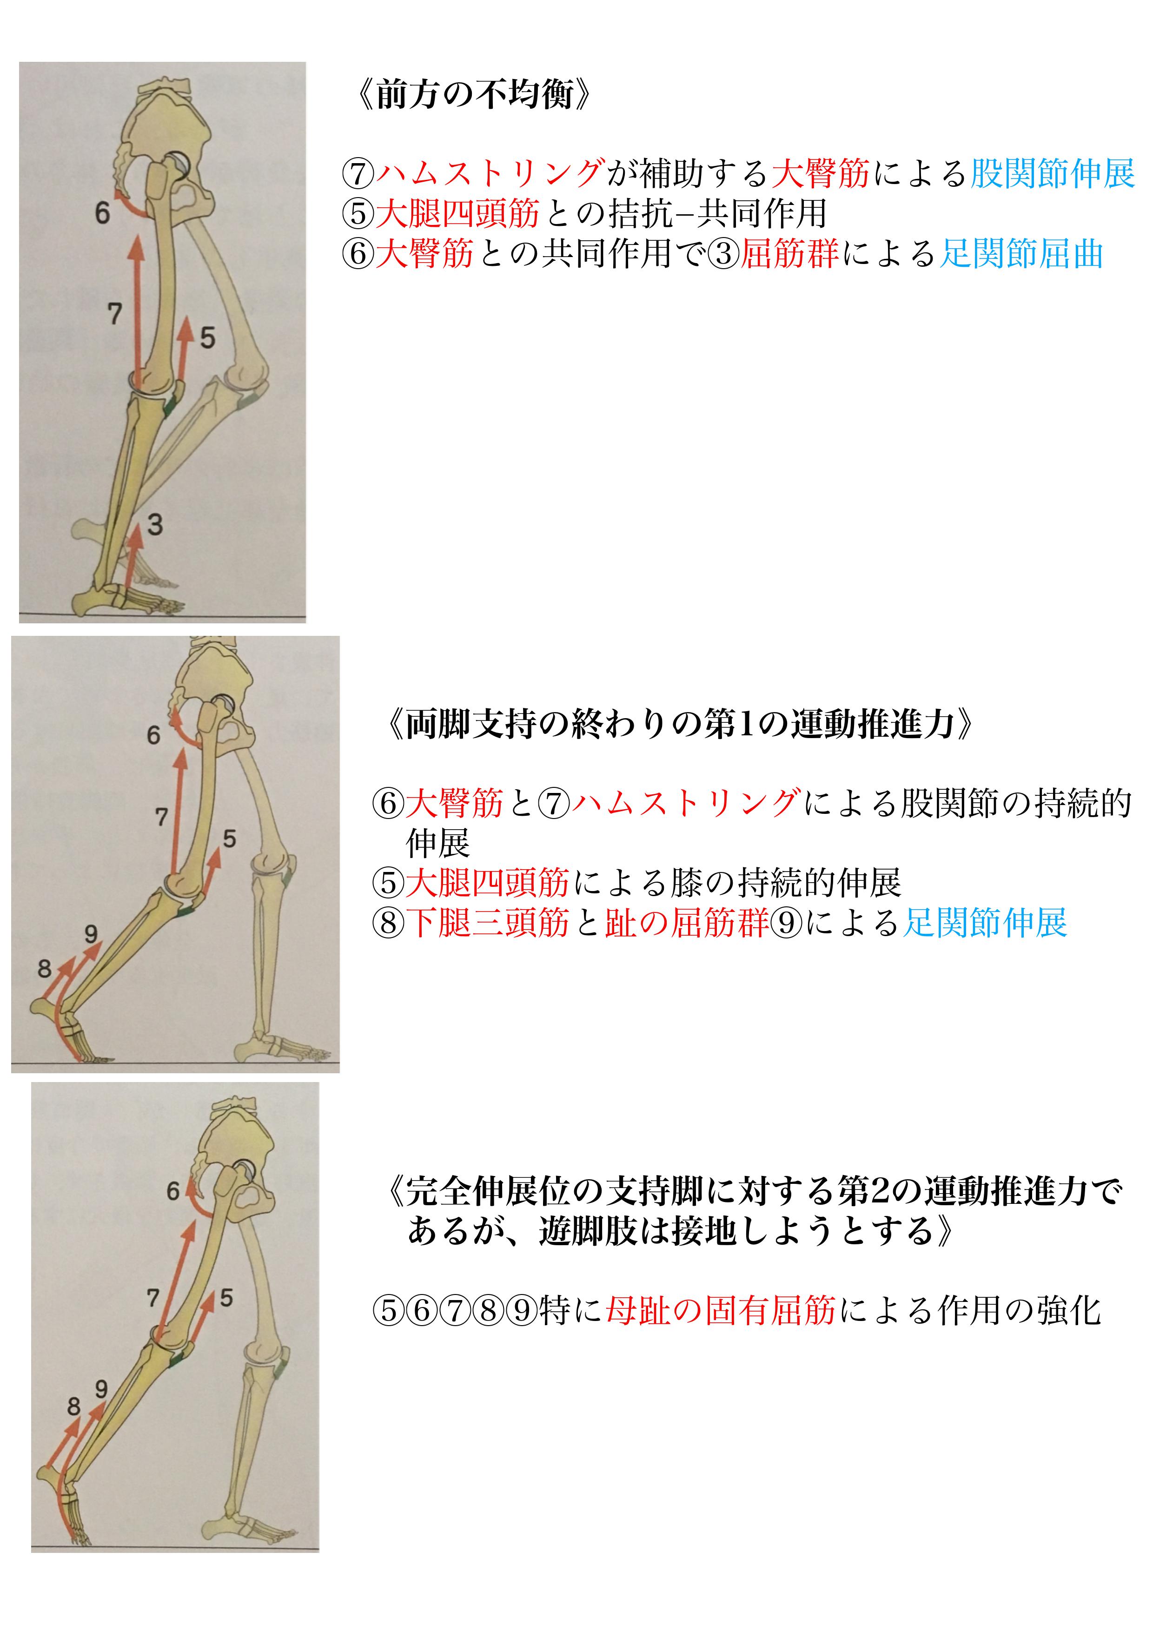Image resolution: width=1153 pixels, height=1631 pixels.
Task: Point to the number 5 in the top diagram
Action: [207, 337]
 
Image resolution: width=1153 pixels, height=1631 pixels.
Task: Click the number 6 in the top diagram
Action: [102, 212]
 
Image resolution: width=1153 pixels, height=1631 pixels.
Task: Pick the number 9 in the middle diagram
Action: [91, 933]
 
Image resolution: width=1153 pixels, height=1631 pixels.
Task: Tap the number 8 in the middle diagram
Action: [45, 968]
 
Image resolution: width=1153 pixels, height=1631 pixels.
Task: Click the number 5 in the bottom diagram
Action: [226, 1298]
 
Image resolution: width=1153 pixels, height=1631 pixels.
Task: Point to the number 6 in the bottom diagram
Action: [172, 1191]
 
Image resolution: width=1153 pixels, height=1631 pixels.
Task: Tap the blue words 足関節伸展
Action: [985, 923]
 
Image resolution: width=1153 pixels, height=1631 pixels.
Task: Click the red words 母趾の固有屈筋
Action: [720, 1310]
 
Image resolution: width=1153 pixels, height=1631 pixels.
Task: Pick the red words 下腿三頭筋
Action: [487, 923]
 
